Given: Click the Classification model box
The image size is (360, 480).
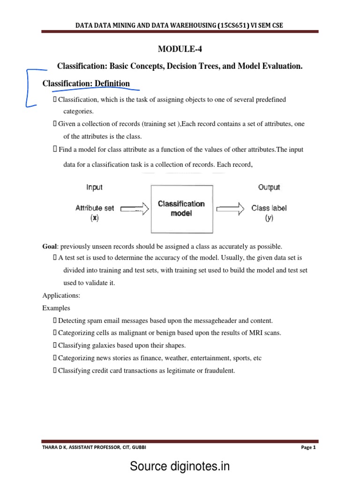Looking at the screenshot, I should tap(181, 208).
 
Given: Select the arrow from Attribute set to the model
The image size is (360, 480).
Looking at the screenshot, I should tap(135, 209).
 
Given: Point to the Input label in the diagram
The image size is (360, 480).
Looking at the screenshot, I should tap(94, 187).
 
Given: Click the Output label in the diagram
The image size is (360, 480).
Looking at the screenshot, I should tap(269, 187).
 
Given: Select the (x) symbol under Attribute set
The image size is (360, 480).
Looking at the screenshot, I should tap(95, 218).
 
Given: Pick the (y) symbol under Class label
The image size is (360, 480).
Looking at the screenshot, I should tap(269, 218).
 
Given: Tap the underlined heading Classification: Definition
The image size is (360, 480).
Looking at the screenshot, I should tap(86, 84).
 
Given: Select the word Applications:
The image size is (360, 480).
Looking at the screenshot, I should tap(61, 296).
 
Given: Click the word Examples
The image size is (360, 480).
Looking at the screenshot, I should tap(56, 308).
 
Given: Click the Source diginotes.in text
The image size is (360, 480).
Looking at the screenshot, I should tap(180, 466).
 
